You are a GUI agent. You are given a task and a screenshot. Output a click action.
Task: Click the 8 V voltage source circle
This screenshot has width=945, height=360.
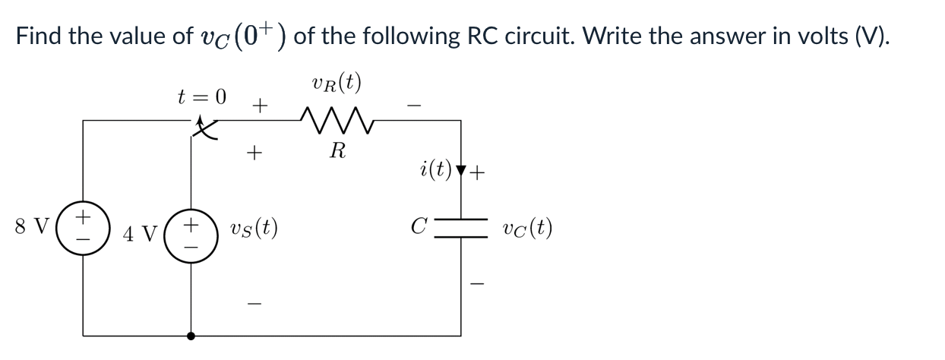click(x=83, y=226)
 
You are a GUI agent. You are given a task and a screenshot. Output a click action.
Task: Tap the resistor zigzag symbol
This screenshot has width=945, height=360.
click(x=337, y=119)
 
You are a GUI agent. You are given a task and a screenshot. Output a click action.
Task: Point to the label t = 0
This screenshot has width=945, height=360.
click(x=201, y=96)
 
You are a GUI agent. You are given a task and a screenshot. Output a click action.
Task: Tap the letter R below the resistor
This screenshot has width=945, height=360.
click(x=337, y=151)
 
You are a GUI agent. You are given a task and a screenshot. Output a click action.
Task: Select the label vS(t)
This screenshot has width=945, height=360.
click(x=254, y=227)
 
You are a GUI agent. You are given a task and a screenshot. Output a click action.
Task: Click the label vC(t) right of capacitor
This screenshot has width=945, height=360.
click(x=527, y=227)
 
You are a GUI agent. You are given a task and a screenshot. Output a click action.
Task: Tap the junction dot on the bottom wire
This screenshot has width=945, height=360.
click(x=190, y=334)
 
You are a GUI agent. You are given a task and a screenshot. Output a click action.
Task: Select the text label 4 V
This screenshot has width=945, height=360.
click(x=139, y=232)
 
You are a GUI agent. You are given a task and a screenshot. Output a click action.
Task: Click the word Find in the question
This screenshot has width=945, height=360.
click(x=40, y=36)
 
